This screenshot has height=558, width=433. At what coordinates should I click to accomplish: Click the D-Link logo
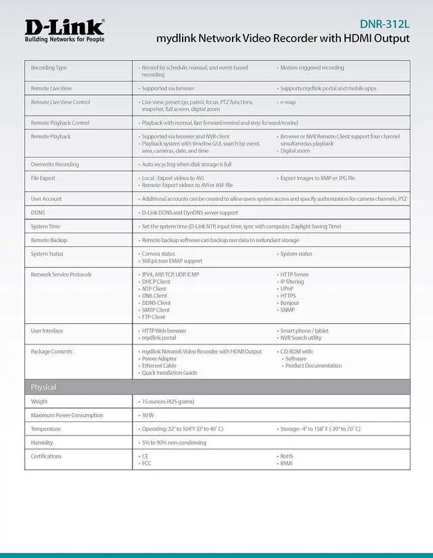(x=65, y=26)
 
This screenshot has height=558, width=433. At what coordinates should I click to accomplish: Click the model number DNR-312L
(x=384, y=24)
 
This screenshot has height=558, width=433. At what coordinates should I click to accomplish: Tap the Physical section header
(x=43, y=387)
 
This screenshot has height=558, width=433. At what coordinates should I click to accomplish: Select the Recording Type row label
(x=49, y=68)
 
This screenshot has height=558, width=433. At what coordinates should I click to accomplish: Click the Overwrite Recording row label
(x=54, y=164)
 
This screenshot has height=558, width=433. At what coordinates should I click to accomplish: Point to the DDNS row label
(x=38, y=212)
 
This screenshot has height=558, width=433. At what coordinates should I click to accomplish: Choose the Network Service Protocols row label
(x=61, y=275)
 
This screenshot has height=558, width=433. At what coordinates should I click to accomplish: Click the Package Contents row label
(x=52, y=352)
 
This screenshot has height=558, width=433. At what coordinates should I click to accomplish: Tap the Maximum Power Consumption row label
(x=67, y=415)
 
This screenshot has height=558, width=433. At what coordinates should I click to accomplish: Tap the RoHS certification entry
(x=287, y=457)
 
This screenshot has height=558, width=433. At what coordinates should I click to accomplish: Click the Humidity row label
(x=42, y=442)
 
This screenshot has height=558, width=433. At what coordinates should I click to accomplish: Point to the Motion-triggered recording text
(x=312, y=68)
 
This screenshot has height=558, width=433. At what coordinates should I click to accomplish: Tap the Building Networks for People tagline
(x=64, y=39)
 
